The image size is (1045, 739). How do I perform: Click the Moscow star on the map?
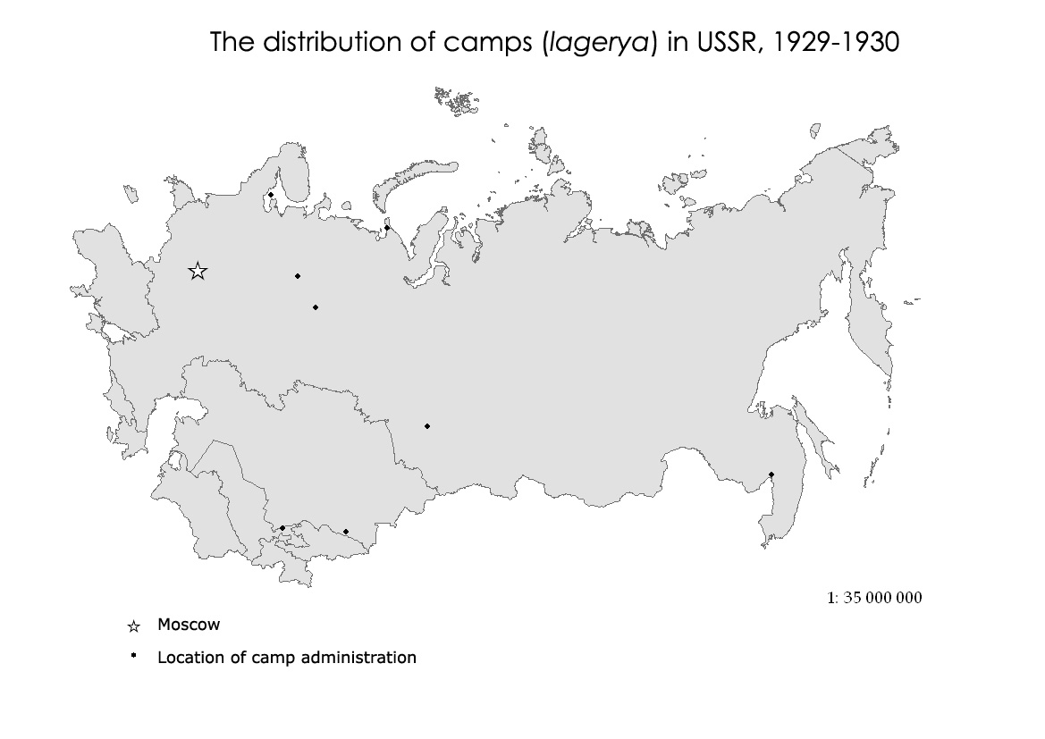tap(198, 271)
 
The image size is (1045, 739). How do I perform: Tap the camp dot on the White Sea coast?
tap(271, 195)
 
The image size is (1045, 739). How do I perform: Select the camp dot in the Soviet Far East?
tap(771, 474)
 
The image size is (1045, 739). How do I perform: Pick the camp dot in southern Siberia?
tap(427, 426)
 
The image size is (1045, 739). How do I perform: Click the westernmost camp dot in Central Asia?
tap(282, 528)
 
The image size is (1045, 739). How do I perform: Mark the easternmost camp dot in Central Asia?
tap(346, 532)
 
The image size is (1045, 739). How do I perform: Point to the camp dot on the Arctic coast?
tap(387, 228)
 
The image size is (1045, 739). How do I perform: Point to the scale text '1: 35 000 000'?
tap(873, 598)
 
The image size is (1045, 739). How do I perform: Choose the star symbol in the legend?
tap(134, 626)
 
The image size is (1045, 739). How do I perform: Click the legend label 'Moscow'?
tap(189, 625)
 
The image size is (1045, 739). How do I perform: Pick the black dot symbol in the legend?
tap(133, 656)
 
